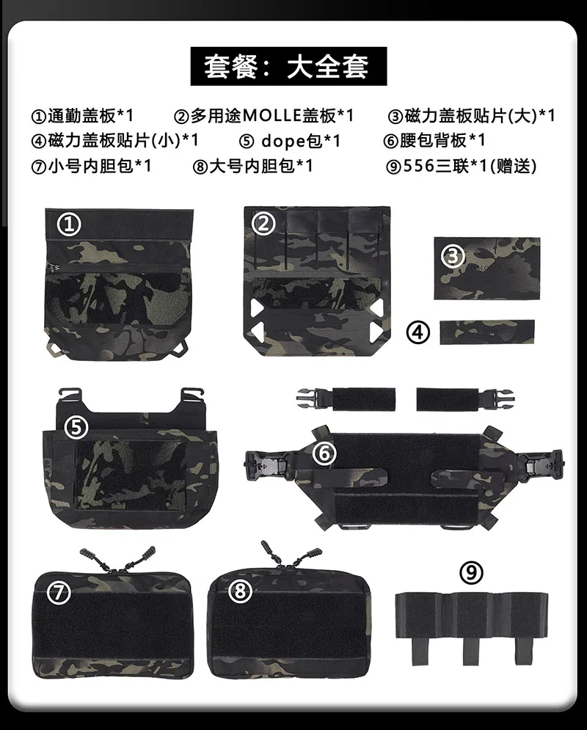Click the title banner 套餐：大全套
pos(288,66)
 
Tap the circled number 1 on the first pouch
pos(69,225)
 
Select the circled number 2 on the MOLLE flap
pos(263,224)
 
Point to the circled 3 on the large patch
pos(453,255)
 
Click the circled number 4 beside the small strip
pos(418,332)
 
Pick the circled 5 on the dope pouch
pos(76,427)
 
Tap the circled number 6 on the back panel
pos(324,453)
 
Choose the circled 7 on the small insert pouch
pos(59,593)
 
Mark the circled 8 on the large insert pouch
pos(240,591)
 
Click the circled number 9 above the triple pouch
pos(472,573)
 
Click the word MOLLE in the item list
pos(272,115)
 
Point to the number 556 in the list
pos(418,166)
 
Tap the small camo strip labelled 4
pos(487,332)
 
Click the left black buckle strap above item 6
pos(346,399)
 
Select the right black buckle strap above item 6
pos(467,399)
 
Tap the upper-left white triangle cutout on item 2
pos(255,307)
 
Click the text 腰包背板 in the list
pos(434,140)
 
